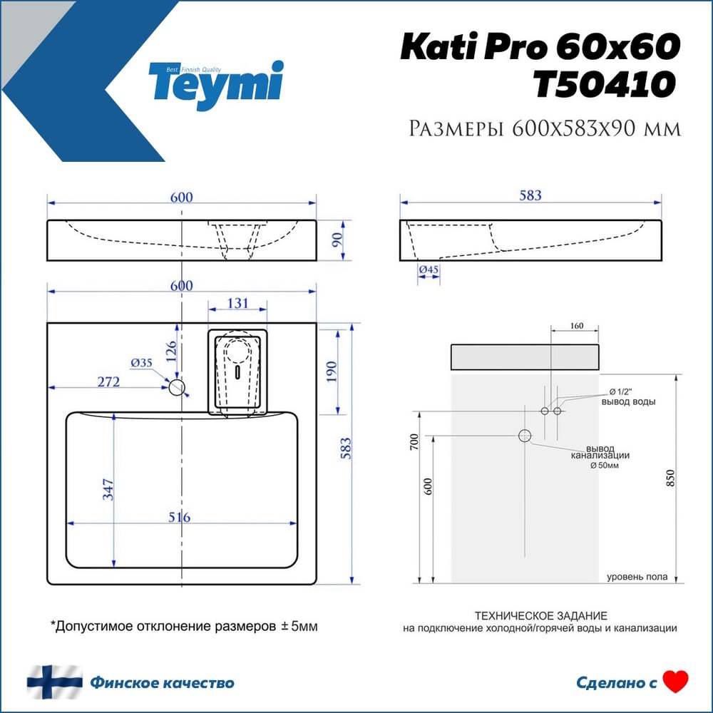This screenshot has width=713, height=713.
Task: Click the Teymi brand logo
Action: click(x=216, y=85)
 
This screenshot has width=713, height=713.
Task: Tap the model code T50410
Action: click(x=605, y=85)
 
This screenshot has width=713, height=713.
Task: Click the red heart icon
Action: click(x=675, y=682)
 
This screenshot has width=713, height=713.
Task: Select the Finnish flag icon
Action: click(x=55, y=682)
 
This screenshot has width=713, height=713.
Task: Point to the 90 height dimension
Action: click(x=337, y=240)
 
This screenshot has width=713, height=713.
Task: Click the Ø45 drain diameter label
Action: click(x=429, y=270)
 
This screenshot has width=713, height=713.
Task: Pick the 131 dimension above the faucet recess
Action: click(x=237, y=303)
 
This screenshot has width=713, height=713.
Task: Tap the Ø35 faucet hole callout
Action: click(x=141, y=362)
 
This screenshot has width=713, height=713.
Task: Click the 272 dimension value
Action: click(x=108, y=381)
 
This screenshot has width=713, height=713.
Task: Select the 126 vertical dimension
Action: click(x=170, y=351)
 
